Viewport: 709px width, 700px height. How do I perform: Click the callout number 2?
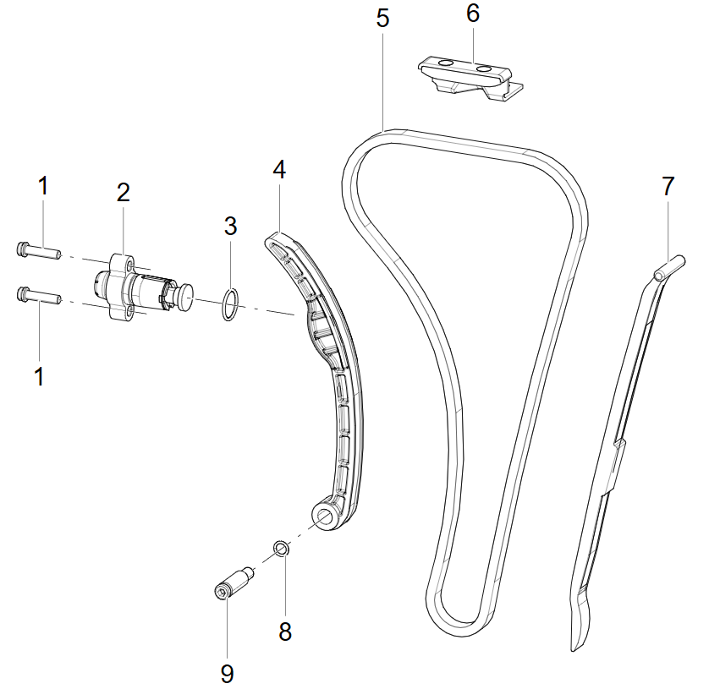pos(123,193)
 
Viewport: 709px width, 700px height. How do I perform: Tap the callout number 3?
pos(231,226)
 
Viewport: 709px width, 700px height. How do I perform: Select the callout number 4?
pos(279,170)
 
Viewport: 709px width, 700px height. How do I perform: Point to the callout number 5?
pos(382,19)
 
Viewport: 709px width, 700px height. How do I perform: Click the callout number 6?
pos(473,14)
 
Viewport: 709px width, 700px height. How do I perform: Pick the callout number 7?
pos(668,186)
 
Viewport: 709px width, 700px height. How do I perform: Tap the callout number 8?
pos(285,632)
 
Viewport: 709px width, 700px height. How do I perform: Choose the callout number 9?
pos(227,674)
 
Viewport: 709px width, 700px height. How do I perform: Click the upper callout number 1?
pos(43,186)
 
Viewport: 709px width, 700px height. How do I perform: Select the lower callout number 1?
pos(39,377)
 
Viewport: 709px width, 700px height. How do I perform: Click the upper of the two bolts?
pos(38,250)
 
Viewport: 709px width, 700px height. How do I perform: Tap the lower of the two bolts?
pos(38,296)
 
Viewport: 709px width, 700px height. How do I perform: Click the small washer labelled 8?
pos(281,549)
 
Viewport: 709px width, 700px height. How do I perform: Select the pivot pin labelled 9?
pos(234,583)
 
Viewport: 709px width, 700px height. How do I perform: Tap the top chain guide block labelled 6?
pos(470,78)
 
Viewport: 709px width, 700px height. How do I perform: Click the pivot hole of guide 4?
pos(324,516)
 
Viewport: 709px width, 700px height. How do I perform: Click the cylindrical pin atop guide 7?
pos(670,267)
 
